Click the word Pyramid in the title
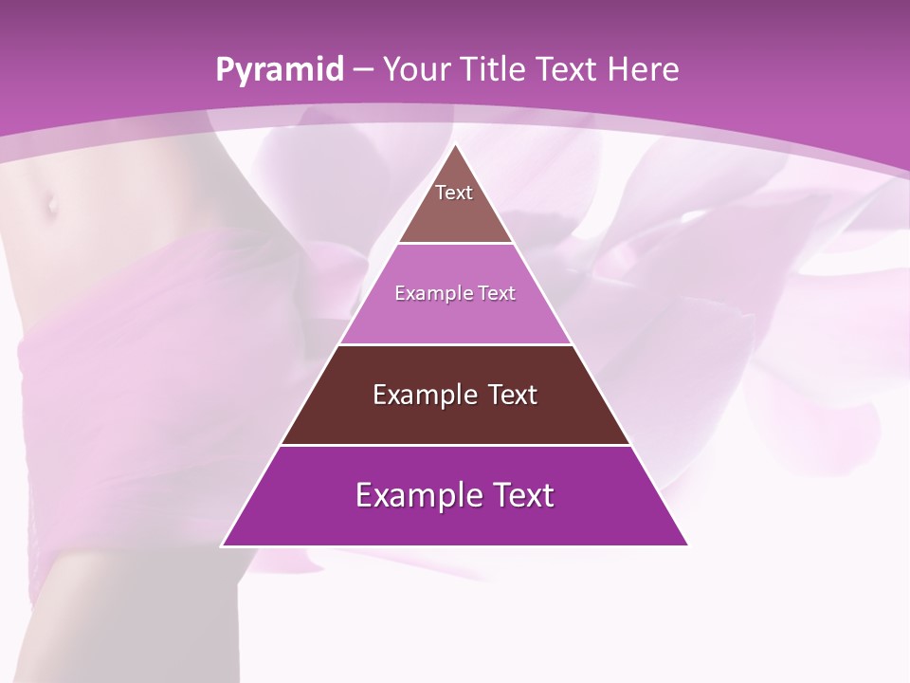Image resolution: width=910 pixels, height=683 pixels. coord(280,70)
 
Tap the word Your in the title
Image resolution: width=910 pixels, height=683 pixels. coord(413,70)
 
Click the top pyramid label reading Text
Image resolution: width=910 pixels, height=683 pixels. coord(454,194)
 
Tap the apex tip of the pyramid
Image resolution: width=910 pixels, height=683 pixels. coord(455,145)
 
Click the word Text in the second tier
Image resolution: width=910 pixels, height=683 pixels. coord(496,294)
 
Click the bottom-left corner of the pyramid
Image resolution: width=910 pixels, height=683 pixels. coord(223,545)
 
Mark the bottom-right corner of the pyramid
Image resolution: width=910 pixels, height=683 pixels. coord(687,545)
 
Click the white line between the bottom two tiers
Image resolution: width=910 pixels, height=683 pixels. coord(455,445)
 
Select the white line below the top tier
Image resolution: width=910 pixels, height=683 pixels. coord(455,244)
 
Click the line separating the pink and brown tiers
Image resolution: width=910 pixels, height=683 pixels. coord(455,344)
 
